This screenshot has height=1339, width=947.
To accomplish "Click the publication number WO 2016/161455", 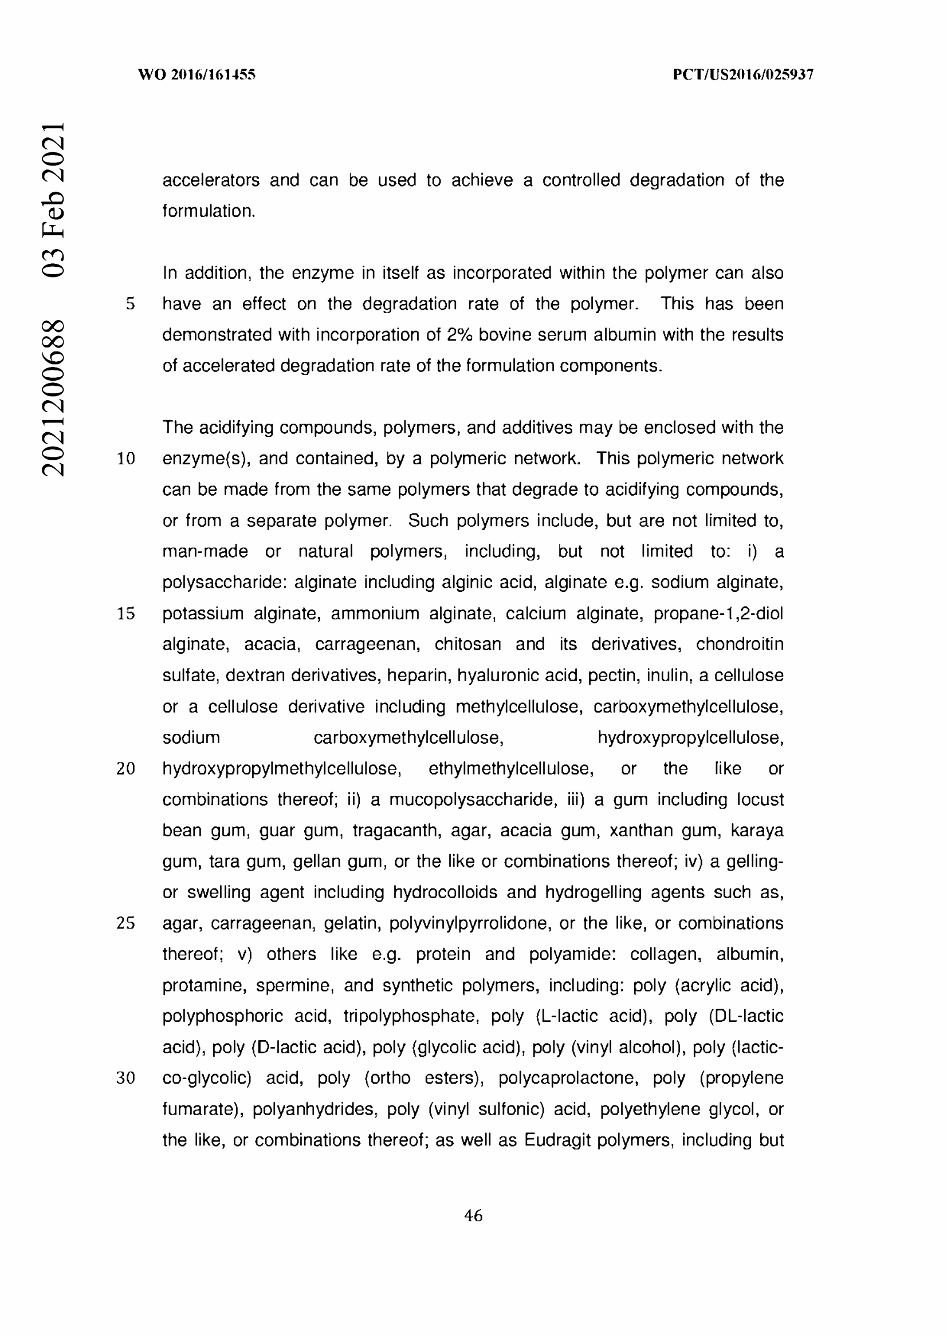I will (197, 74).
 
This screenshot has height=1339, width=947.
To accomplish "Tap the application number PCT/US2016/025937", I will (743, 74).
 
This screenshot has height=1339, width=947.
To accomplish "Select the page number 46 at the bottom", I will (473, 1215).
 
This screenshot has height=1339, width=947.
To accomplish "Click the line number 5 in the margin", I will (130, 304).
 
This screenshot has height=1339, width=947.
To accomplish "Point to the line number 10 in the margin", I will (126, 459).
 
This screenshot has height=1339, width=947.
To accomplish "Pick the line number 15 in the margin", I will (126, 614).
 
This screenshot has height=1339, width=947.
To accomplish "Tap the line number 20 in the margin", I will (126, 769).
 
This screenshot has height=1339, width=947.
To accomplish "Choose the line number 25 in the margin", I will (126, 923).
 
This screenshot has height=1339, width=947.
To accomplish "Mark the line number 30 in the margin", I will (126, 1078).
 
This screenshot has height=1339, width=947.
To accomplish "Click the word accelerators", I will (211, 180).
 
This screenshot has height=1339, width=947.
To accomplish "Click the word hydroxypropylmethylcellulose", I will (282, 769).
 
